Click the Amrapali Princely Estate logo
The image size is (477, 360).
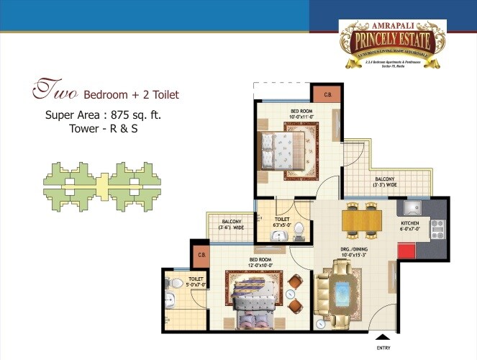(x=393, y=43)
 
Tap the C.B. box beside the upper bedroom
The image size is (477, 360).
(x=327, y=95)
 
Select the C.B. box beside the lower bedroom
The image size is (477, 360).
(x=199, y=253)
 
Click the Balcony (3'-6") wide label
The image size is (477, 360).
(x=231, y=224)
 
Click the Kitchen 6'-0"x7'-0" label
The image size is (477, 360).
(x=410, y=227)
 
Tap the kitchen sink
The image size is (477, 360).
(x=412, y=208)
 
